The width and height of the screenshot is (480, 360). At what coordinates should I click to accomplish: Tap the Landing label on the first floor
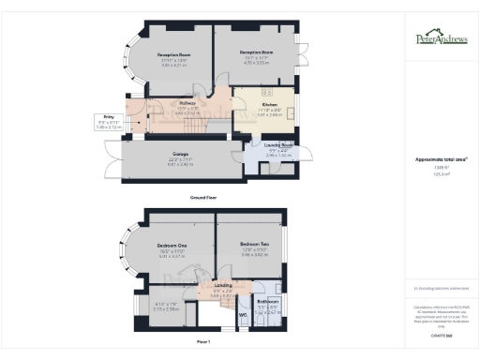tap(223, 285)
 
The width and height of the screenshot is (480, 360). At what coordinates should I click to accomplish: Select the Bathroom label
tap(268, 302)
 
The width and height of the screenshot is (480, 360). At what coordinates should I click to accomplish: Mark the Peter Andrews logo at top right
tap(438, 38)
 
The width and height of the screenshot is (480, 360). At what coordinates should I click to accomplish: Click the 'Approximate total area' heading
tap(438, 161)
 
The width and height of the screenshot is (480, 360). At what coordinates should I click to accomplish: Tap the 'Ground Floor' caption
tap(202, 199)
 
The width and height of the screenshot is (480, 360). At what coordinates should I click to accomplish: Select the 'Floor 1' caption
tap(202, 342)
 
